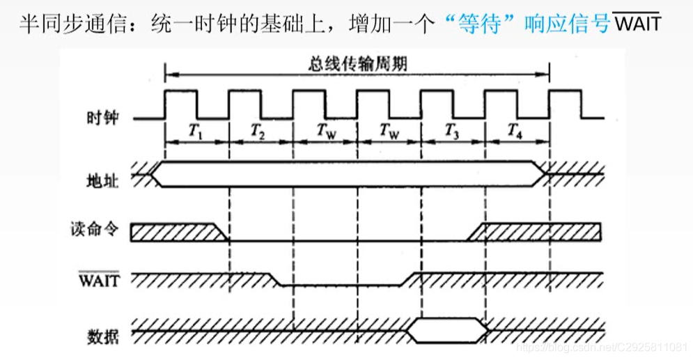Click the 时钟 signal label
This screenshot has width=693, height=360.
(103, 119)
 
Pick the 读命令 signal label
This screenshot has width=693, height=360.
(95, 229)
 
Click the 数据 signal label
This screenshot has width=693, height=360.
(103, 337)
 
